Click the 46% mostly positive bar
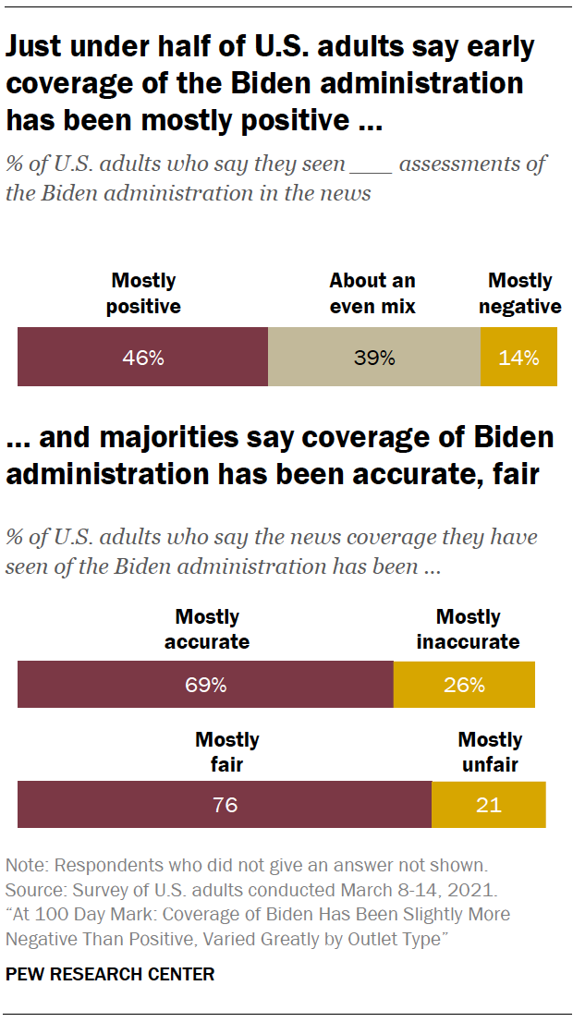[142, 357]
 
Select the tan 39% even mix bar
[373, 357]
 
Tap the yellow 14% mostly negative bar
[518, 357]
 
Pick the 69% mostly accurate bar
[205, 685]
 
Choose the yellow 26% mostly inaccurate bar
[464, 685]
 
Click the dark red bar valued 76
[225, 804]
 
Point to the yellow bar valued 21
[488, 804]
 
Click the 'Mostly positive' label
[143, 293]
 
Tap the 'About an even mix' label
[372, 293]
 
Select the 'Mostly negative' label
[520, 293]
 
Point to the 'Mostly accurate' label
[207, 628]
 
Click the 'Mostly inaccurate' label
[468, 628]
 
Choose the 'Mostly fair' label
[226, 751]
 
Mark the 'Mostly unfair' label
[490, 751]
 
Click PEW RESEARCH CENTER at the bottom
[110, 974]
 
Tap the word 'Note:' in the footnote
[27, 866]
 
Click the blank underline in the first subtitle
[377, 166]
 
